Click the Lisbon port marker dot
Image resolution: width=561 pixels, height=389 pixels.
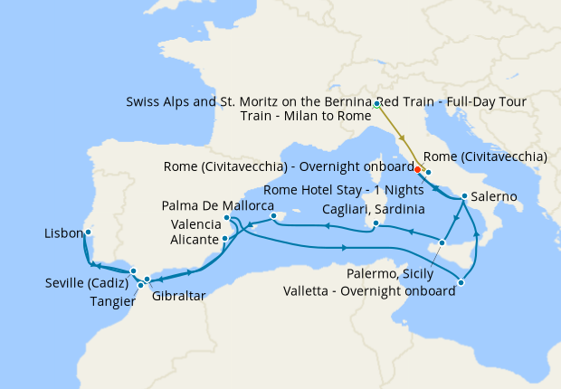point(88,232)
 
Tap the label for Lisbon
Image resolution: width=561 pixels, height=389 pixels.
point(64,233)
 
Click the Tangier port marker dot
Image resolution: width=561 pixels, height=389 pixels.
point(140,285)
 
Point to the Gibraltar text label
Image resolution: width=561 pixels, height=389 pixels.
point(177,296)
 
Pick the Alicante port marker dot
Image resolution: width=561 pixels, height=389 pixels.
point(224,239)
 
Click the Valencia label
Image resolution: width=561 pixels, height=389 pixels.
point(195,223)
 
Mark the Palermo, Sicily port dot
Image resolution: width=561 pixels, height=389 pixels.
point(442,242)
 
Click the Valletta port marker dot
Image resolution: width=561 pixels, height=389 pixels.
point(461,283)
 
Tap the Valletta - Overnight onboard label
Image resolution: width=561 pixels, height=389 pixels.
point(368,291)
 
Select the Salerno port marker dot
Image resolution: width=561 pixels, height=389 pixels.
point(464,196)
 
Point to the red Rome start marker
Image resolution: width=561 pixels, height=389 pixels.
point(417,168)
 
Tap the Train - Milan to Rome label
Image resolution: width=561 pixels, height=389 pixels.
point(306,118)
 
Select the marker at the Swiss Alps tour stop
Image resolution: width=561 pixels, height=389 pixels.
point(376,105)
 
